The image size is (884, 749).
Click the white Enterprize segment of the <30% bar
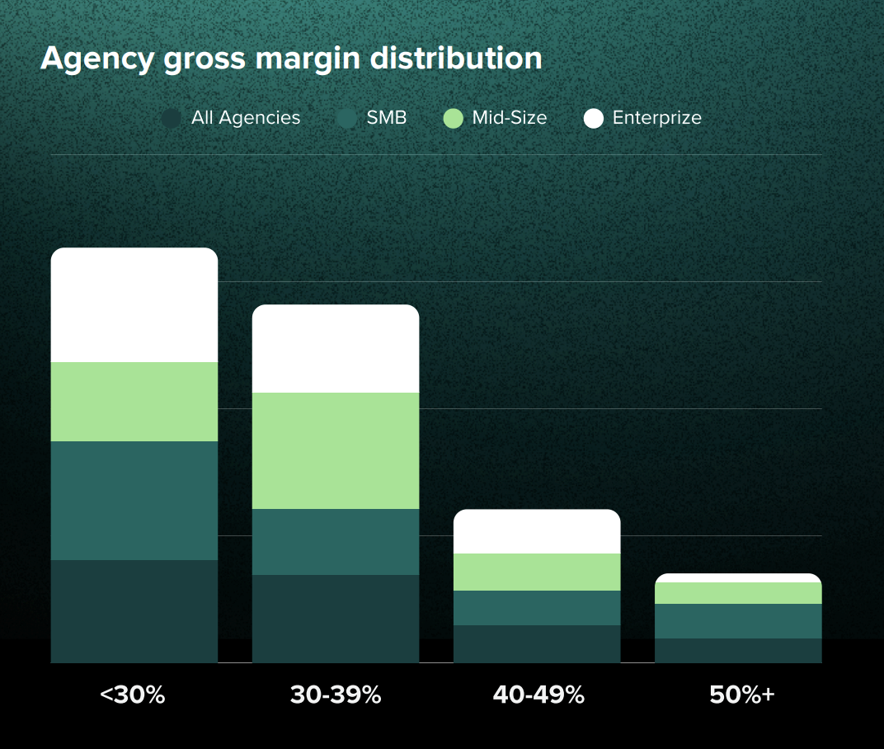tap(134, 305)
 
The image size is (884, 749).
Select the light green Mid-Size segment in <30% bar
tap(134, 402)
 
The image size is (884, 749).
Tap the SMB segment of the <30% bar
tap(134, 501)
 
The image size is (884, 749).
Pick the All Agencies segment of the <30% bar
tap(134, 611)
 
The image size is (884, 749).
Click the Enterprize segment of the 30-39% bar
tap(336, 349)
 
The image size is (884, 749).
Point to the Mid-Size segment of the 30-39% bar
tap(336, 450)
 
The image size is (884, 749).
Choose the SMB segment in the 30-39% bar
tap(336, 542)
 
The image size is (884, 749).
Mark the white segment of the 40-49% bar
tap(537, 532)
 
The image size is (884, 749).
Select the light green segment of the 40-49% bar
tap(537, 572)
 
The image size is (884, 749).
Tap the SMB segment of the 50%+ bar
tap(738, 621)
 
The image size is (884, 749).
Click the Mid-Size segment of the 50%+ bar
tap(738, 593)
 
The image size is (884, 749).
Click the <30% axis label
tap(133, 695)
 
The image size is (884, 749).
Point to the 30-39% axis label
tap(336, 695)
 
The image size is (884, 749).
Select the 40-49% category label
tap(538, 695)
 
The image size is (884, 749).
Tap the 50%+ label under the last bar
tap(742, 695)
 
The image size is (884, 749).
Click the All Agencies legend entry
tap(233, 118)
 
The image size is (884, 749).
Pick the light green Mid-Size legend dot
tap(454, 118)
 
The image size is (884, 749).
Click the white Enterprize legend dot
tap(594, 118)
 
